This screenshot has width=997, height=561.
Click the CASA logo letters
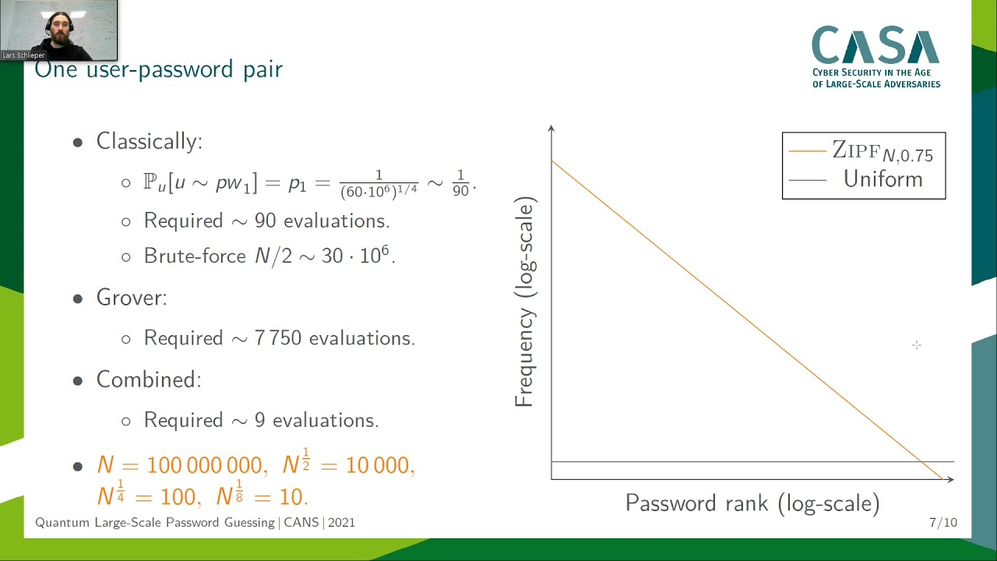[x=875, y=46]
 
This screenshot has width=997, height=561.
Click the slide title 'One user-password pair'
[x=159, y=69]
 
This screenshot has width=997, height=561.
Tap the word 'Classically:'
[x=149, y=141]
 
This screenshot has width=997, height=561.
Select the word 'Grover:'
[x=131, y=298]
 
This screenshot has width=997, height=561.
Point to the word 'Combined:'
[x=148, y=379]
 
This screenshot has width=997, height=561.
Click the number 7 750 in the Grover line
[x=278, y=338]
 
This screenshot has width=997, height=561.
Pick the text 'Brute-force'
[x=195, y=256]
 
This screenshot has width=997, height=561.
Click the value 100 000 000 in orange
[x=204, y=466]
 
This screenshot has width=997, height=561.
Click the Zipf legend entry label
[x=882, y=151]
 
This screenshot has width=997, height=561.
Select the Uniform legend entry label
[x=883, y=179]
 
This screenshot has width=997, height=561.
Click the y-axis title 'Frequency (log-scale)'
[x=525, y=302]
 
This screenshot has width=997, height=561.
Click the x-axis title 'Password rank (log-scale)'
[x=752, y=503]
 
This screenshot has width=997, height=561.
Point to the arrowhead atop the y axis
[x=551, y=129]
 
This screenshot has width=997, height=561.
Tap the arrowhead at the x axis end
[x=949, y=479]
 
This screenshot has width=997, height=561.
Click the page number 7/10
[x=942, y=523]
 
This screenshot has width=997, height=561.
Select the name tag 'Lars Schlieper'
[x=23, y=56]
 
